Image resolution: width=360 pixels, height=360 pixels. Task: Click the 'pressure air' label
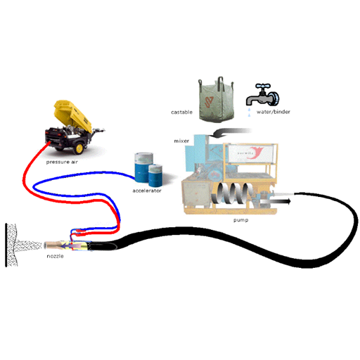[x=62, y=162]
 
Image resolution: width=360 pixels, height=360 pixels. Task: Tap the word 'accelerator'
[x=147, y=191]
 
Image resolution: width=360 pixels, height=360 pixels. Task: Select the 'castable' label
[x=181, y=112]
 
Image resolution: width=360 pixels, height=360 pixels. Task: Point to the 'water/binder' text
[x=274, y=112]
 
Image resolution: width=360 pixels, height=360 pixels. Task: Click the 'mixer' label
[x=181, y=141]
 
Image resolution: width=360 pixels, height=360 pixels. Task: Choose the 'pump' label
[x=240, y=220]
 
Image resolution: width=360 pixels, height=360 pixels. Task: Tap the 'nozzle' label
[x=55, y=256]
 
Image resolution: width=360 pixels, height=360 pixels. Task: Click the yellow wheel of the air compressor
[x=79, y=148]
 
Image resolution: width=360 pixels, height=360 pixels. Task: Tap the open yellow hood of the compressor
[x=73, y=115]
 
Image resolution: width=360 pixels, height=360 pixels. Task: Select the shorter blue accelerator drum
[x=155, y=175]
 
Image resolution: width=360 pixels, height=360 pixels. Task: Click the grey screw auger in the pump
[x=233, y=194]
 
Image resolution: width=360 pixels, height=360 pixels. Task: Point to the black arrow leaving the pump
[x=276, y=201]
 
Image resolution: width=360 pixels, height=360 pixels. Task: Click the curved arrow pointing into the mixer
[x=231, y=133]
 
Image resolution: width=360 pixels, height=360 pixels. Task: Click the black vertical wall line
[x=6, y=245]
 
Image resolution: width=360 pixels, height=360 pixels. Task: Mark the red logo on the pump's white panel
[x=256, y=153]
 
